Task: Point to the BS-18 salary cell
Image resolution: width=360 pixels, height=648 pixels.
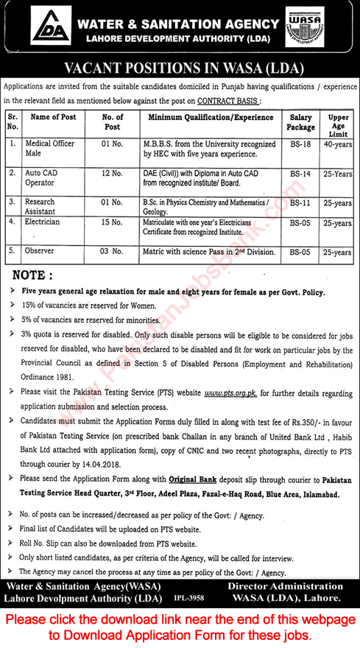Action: coord(300,144)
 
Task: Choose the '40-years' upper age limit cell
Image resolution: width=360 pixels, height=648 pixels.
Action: coord(338,144)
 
